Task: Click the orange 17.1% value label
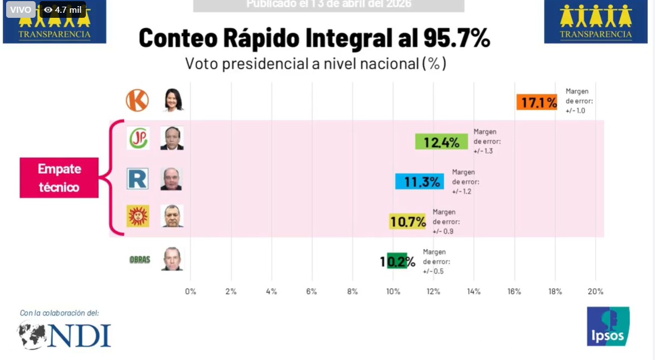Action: coord(536,102)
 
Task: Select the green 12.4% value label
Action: coord(441,142)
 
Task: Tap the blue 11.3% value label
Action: coord(419,181)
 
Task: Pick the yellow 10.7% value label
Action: coord(407,221)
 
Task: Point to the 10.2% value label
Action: coord(398,261)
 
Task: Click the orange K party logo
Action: coord(137,100)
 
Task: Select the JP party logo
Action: coord(138,138)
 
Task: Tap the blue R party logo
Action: coord(138,179)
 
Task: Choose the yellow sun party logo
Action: coord(138,216)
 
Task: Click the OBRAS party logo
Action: coord(139,259)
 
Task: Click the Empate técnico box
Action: coord(59,178)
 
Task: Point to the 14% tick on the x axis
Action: coord(474,291)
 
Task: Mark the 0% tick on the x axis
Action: coord(191,291)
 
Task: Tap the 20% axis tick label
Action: coord(595,291)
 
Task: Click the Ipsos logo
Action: coord(608,327)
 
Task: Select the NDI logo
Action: coord(64,335)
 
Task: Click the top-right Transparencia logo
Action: coord(596,22)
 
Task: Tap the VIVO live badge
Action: coord(21,9)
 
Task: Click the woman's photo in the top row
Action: coord(173,100)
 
